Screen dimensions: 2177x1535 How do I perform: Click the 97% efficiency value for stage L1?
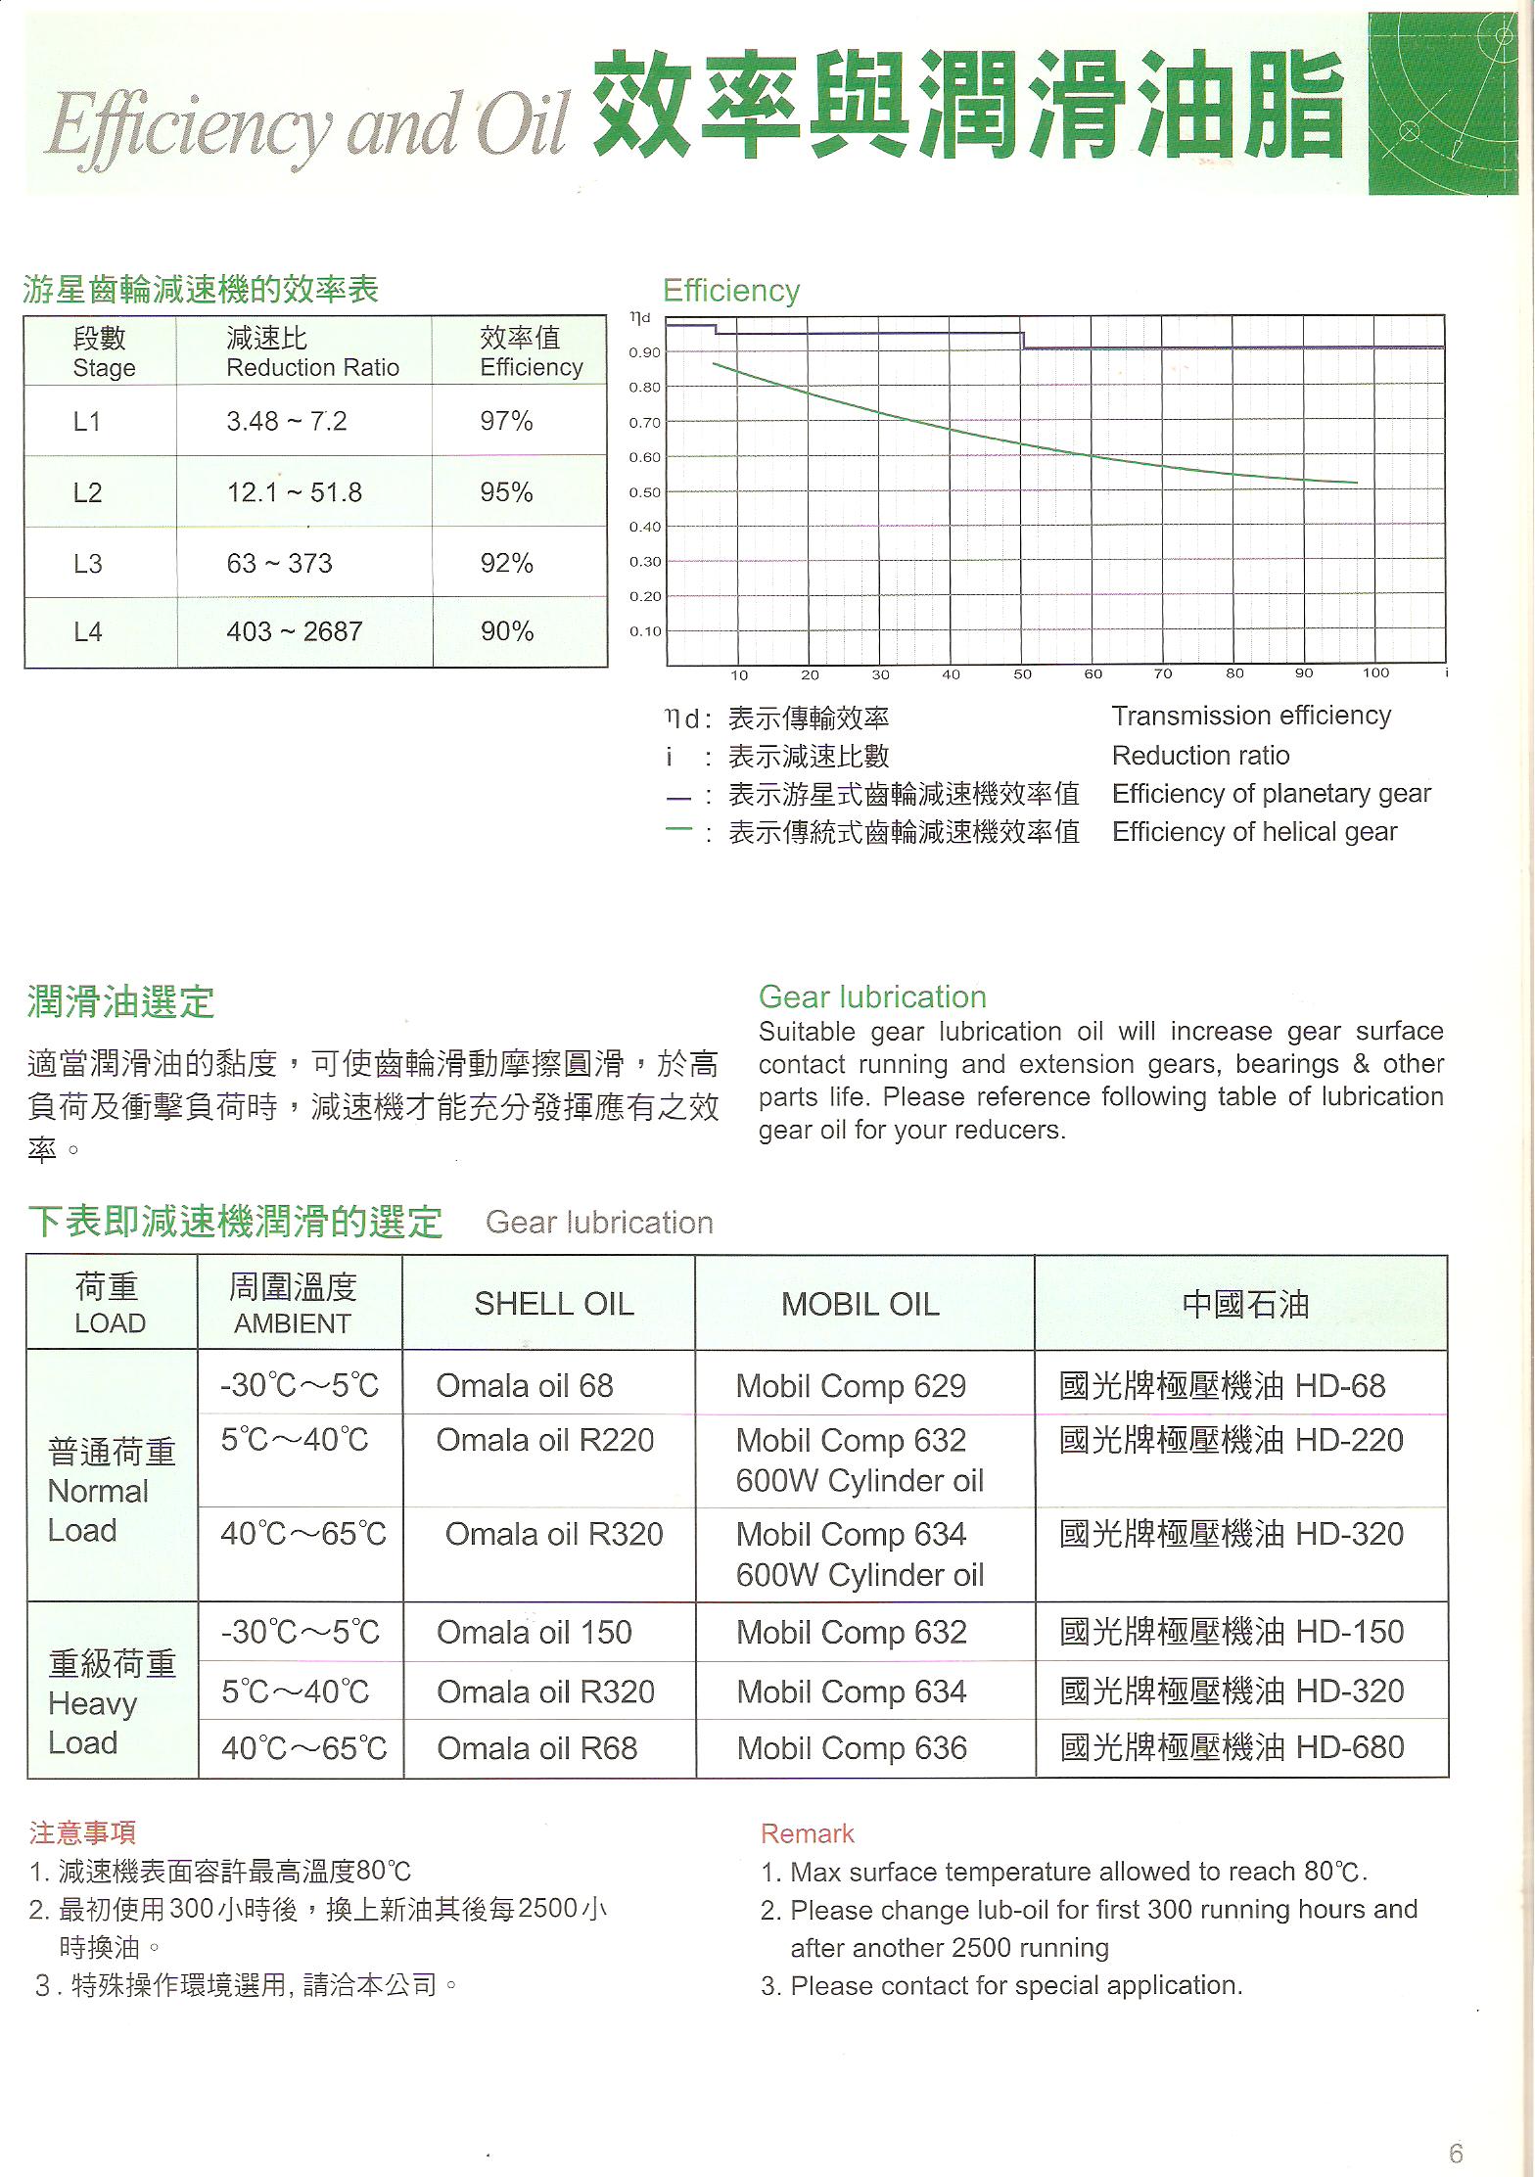click(506, 422)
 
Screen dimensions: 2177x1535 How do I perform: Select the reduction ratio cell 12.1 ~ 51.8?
click(295, 492)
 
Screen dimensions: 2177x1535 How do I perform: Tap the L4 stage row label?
click(88, 632)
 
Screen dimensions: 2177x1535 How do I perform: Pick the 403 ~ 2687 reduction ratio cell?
click(295, 632)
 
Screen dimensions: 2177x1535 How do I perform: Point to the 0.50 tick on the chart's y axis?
click(644, 492)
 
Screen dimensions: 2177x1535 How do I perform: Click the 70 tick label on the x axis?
click(1163, 673)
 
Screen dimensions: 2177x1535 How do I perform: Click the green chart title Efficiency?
click(731, 291)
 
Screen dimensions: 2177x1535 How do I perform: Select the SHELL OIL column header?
click(554, 1304)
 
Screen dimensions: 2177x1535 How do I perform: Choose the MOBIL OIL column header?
click(861, 1304)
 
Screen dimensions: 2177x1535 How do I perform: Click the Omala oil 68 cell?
click(525, 1386)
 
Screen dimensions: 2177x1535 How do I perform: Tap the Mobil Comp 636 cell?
click(852, 1748)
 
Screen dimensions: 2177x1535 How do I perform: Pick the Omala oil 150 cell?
click(535, 1633)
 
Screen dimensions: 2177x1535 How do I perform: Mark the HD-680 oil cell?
click(1233, 1747)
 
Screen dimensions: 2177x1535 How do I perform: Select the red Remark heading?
click(808, 1833)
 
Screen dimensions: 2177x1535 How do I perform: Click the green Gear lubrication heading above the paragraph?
click(872, 997)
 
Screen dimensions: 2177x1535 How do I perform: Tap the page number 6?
click(1456, 2154)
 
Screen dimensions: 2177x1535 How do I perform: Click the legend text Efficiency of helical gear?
click(1255, 832)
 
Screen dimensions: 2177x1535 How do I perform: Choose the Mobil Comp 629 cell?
click(851, 1386)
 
